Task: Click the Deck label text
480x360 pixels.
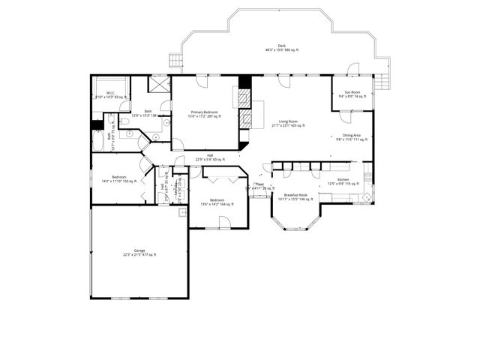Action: point(281,46)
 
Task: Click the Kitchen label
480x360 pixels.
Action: point(343,180)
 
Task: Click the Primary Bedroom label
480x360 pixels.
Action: point(204,112)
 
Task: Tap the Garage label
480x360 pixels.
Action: point(139,250)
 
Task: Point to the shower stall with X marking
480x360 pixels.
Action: point(158,84)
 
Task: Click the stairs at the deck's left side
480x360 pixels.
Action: point(176,59)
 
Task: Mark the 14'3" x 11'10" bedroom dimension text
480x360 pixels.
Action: point(118,181)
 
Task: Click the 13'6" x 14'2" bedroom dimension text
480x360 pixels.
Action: point(217,204)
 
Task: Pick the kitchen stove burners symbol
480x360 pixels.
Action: point(367,180)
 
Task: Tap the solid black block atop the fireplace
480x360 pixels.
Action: point(243,82)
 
